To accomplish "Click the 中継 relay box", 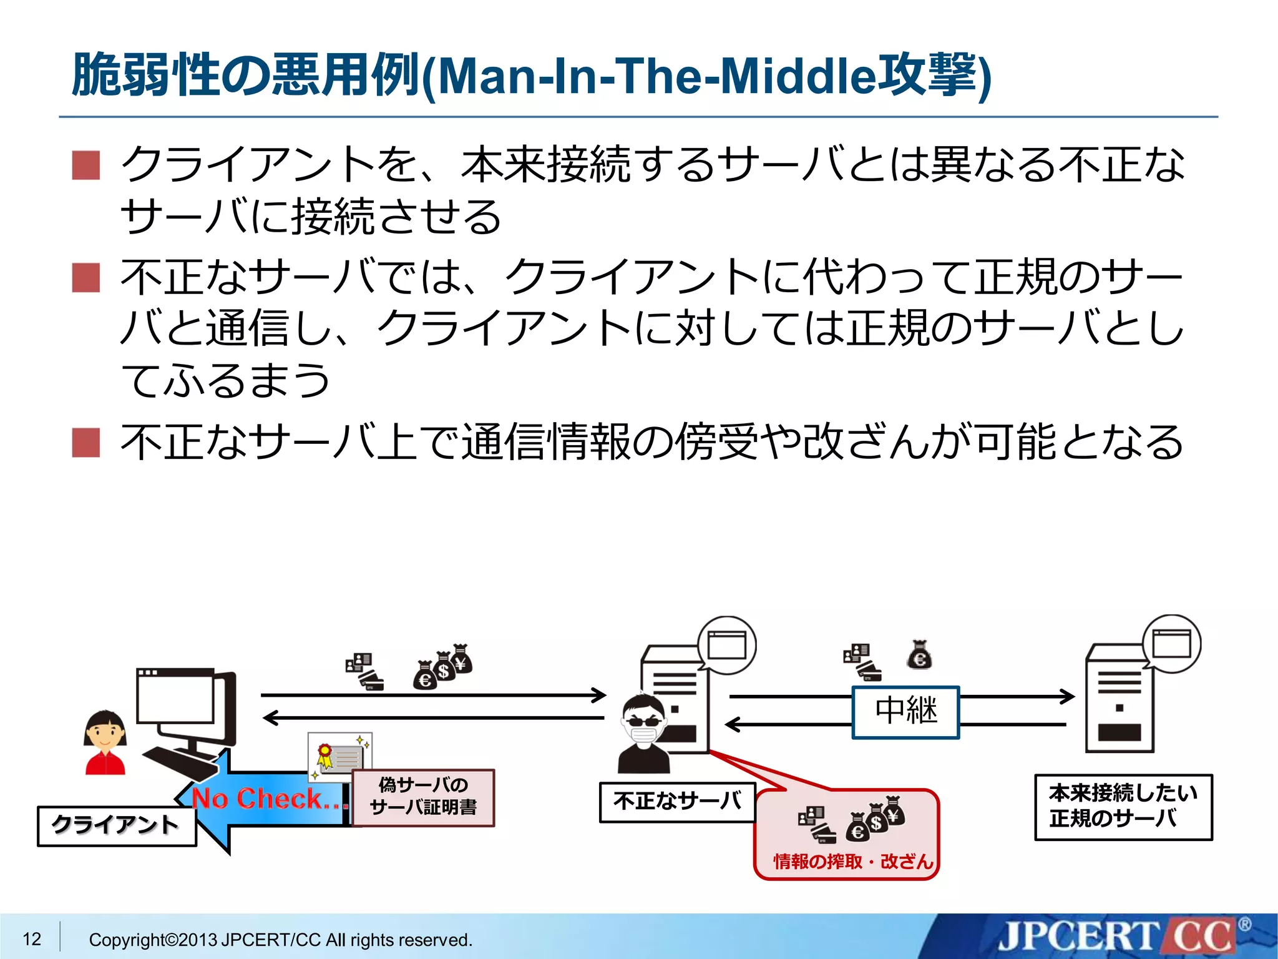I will pyautogui.click(x=905, y=712).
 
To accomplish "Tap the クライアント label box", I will pyautogui.click(x=117, y=826).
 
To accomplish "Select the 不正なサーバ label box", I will pyautogui.click(x=678, y=802).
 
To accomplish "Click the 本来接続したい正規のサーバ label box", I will pyautogui.click(x=1123, y=807).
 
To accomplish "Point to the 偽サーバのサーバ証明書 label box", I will pyautogui.click(x=424, y=797).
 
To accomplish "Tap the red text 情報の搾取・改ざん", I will pyautogui.click(x=853, y=862).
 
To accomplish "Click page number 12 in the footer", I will pyautogui.click(x=32, y=938).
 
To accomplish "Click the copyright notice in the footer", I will pyautogui.click(x=280, y=940).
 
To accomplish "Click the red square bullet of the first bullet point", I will pyautogui.click(x=86, y=165).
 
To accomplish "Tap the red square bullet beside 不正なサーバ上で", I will pyautogui.click(x=86, y=442).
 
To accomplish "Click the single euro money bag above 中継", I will pyautogui.click(x=919, y=656).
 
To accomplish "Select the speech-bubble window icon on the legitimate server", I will pyautogui.click(x=1171, y=644).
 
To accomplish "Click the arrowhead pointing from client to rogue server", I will pyautogui.click(x=600, y=695).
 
